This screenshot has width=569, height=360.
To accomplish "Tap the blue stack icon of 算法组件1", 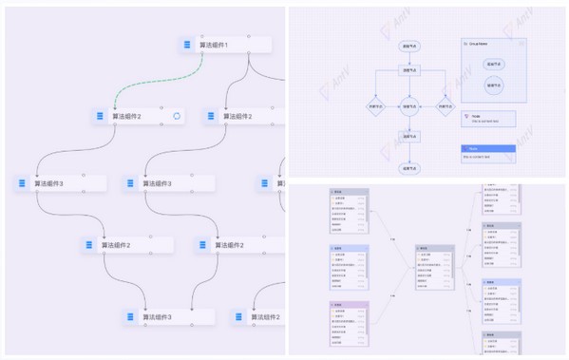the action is pyautogui.click(x=186, y=45).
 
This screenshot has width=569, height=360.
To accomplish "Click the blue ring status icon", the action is pyautogui.click(x=177, y=116).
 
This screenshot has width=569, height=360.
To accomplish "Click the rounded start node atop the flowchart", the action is pyautogui.click(x=409, y=46).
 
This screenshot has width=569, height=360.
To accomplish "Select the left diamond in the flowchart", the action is pyautogui.click(x=376, y=107).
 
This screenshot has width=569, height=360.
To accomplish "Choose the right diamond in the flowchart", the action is pyautogui.click(x=444, y=107).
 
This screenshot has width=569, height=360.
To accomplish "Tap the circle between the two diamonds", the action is pyautogui.click(x=409, y=107).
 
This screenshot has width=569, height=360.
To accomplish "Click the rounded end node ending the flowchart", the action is pyautogui.click(x=409, y=167).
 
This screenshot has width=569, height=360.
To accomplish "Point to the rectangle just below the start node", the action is pyautogui.click(x=409, y=70).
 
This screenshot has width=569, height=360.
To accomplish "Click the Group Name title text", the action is pyautogui.click(x=480, y=44).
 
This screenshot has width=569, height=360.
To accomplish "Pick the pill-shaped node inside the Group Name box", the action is pyautogui.click(x=493, y=64).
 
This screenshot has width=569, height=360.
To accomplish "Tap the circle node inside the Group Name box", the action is pyautogui.click(x=493, y=85).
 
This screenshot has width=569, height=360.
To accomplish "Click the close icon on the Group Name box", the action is pyautogui.click(x=521, y=44).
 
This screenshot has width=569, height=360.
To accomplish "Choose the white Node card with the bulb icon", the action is pyautogui.click(x=489, y=119).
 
